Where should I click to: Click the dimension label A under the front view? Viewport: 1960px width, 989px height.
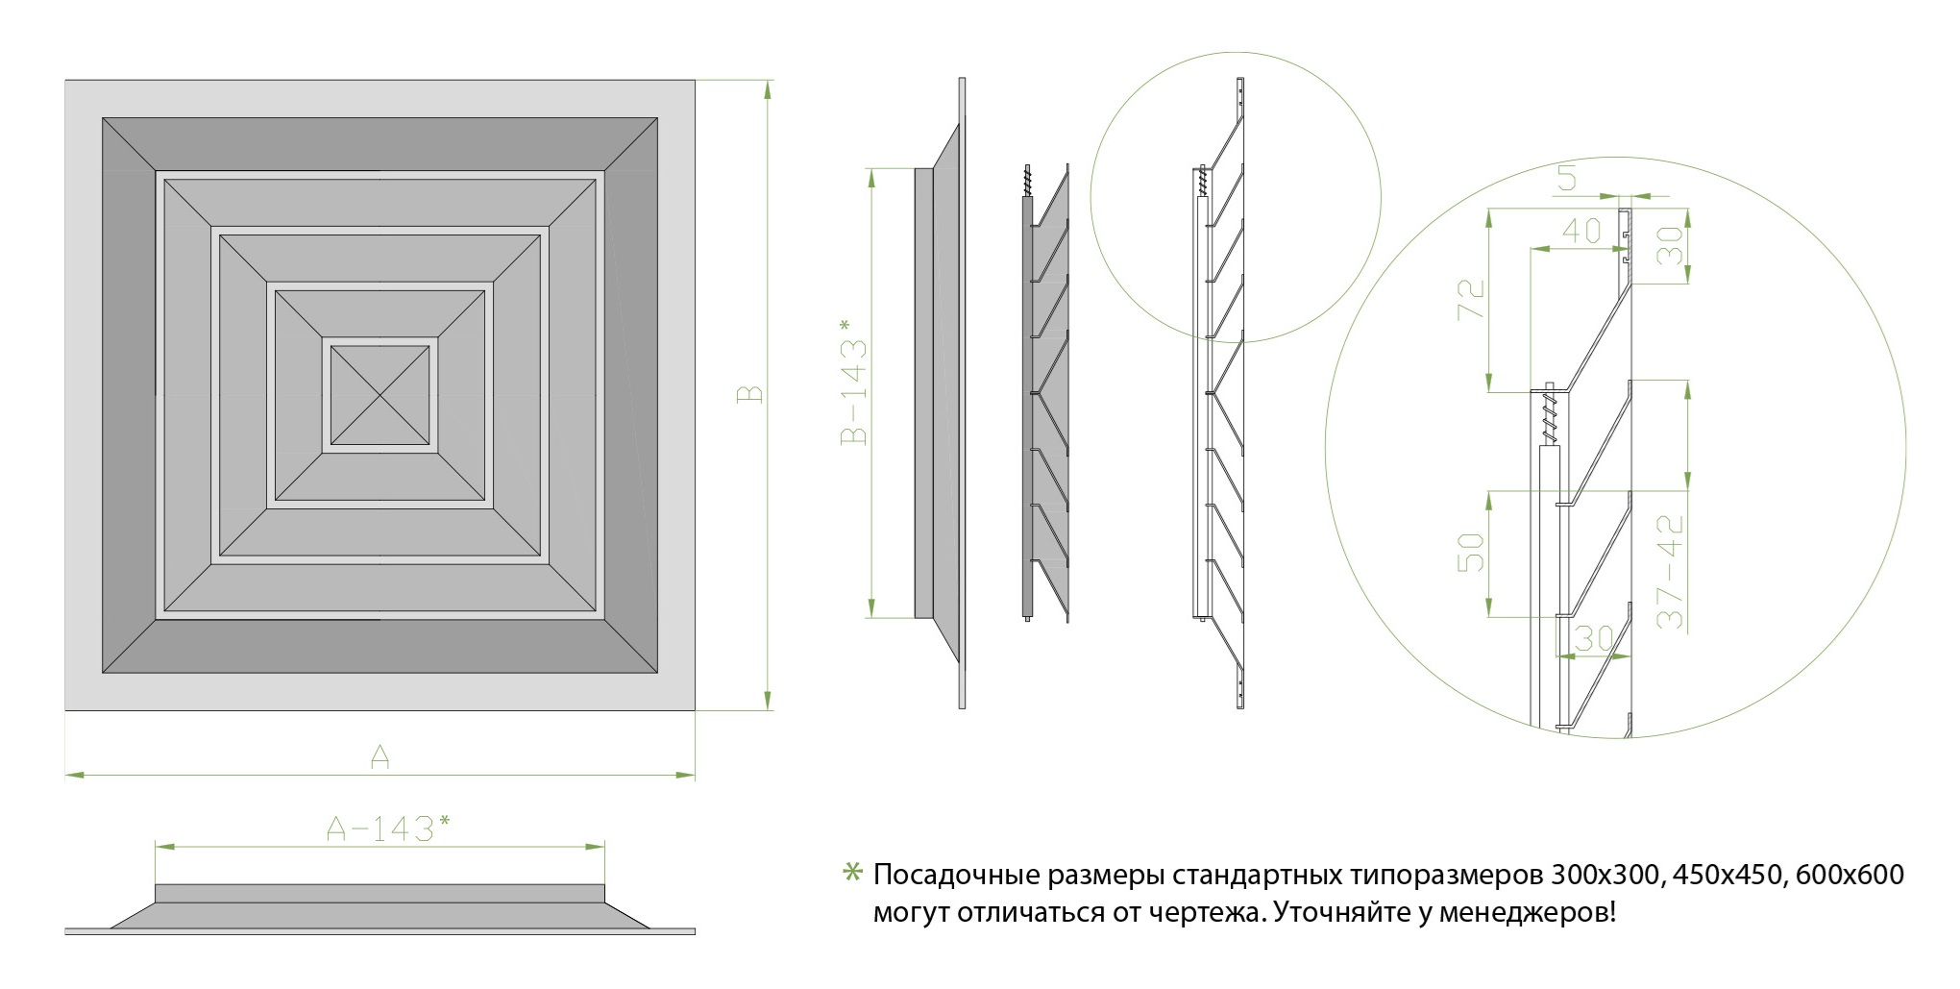click(380, 757)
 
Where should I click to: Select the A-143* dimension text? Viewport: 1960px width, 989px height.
click(388, 828)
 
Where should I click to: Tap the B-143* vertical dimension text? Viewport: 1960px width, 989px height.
click(853, 382)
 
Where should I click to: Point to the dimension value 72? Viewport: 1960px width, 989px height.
click(1471, 300)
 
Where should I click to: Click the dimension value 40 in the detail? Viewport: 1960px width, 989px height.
click(1581, 231)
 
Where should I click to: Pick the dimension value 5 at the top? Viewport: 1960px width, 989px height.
click(1567, 178)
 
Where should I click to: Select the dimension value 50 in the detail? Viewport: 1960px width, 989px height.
click(1471, 552)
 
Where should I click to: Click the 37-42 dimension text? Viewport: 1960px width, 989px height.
click(1671, 572)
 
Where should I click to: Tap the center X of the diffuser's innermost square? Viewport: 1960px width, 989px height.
click(380, 394)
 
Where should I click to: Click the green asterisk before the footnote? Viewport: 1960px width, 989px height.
click(852, 873)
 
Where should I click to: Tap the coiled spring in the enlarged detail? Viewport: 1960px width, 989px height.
click(1548, 412)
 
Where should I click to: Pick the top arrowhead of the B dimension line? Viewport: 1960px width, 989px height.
click(767, 89)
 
